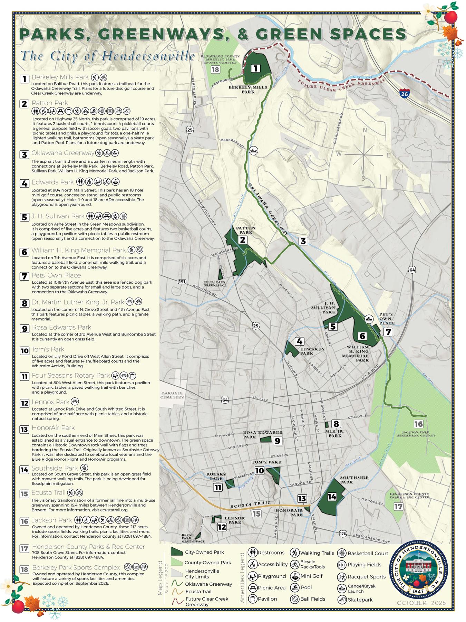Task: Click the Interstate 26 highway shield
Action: (404, 93)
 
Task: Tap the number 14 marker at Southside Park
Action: (332, 497)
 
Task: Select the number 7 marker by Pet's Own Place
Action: (388, 332)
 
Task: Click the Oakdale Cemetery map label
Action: (172, 395)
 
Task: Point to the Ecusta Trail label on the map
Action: (250, 505)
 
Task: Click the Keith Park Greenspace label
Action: (215, 284)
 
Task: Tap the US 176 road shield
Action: (342, 534)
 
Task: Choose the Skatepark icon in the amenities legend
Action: (342, 600)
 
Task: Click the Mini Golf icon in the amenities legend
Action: (294, 576)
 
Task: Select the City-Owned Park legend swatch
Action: (176, 552)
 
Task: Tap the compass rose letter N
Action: (365, 130)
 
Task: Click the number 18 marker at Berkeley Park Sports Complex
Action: (215, 69)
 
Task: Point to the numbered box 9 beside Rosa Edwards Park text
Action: (24, 328)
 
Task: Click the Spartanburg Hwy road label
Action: (371, 538)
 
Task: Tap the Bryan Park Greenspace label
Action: (193, 538)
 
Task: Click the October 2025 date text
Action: (421, 603)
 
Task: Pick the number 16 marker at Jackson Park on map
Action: (418, 424)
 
